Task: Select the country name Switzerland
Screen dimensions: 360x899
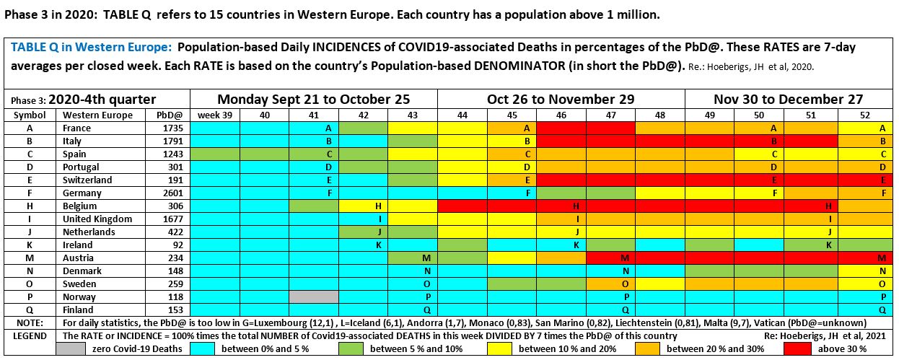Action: click(x=87, y=180)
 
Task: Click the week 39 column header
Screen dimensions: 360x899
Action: click(x=214, y=115)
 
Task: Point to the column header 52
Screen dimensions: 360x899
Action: click(x=864, y=115)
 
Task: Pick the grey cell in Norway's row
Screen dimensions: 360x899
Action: click(x=313, y=297)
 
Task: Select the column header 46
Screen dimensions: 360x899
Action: click(x=561, y=115)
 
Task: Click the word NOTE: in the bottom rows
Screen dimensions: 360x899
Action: click(x=30, y=322)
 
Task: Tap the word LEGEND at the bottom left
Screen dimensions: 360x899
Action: click(x=30, y=335)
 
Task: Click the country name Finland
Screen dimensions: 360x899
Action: click(x=78, y=309)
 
